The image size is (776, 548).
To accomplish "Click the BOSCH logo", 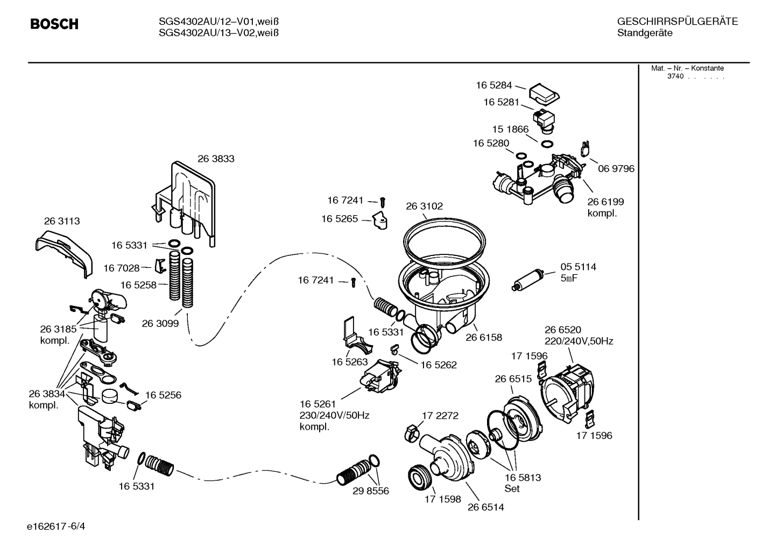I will tap(54, 24).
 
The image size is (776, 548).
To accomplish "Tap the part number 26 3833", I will tap(216, 159).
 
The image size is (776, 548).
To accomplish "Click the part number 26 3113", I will tap(61, 221).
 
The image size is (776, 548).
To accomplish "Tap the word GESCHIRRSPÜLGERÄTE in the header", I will tap(677, 22).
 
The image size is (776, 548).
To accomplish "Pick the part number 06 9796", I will tap(616, 169).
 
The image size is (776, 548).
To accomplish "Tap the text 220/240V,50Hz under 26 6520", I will tap(579, 341).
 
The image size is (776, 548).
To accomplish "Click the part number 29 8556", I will tap(371, 491).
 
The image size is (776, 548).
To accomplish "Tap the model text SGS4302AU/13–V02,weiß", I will tap(218, 33).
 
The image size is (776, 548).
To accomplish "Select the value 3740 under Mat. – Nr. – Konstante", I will tap(675, 77).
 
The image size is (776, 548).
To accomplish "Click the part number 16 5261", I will tap(318, 404).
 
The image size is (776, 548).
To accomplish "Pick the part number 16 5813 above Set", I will tap(523, 478).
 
